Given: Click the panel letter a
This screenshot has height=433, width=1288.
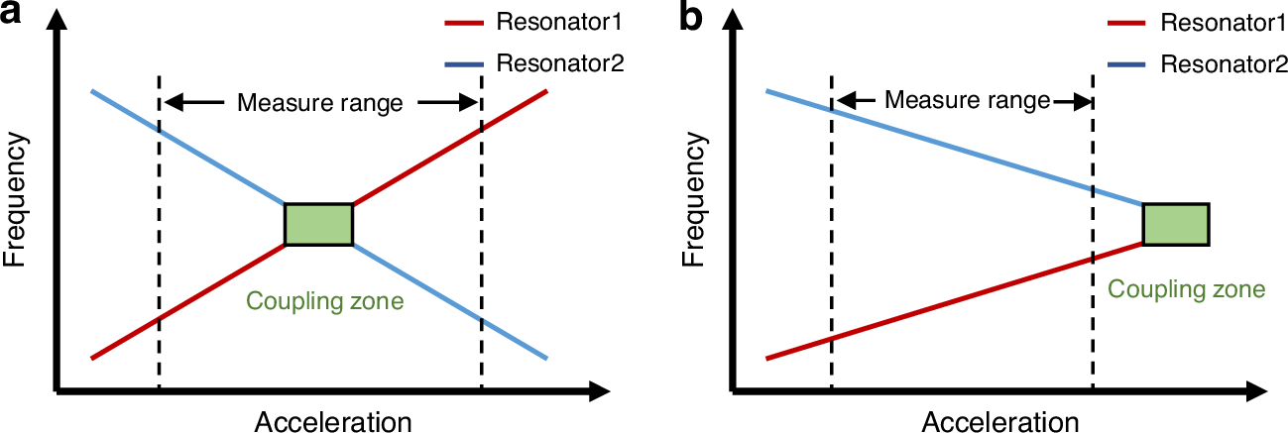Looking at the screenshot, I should [14, 17].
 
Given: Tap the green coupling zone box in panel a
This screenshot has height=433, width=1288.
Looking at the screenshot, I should [318, 224].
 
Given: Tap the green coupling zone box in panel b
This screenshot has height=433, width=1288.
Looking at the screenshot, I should [1175, 224].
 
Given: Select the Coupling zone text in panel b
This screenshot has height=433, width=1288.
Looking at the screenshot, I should [1186, 289].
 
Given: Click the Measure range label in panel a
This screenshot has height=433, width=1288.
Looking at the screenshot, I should [319, 102].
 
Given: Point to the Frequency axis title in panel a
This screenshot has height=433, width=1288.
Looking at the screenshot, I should [18, 203].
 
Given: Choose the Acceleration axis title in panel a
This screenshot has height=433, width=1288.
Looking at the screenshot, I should [333, 421].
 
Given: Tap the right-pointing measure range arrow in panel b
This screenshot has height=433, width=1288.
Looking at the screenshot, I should [1071, 100].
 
